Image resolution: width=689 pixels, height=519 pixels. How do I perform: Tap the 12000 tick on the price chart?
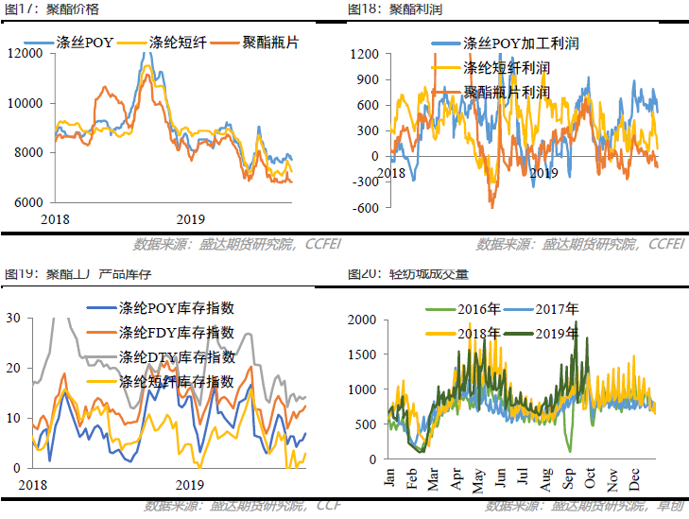point(26,53)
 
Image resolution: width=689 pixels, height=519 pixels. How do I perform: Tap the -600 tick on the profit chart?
point(367,208)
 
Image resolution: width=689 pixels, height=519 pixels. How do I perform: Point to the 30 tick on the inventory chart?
point(13,319)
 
